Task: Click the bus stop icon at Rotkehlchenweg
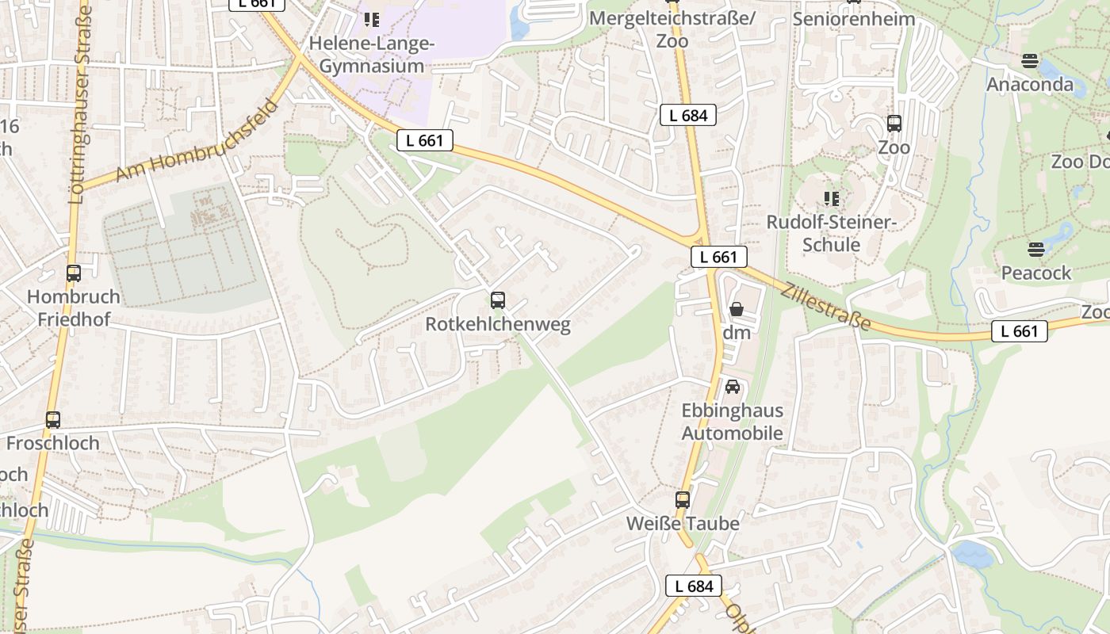[498, 300]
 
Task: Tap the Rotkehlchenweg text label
[498, 324]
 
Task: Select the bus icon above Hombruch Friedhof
[74, 273]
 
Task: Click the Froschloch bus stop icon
[53, 420]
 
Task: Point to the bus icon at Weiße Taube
[683, 500]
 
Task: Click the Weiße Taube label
[683, 524]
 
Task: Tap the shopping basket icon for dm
[737, 309]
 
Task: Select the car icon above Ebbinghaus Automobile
[733, 387]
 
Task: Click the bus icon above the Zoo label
[894, 124]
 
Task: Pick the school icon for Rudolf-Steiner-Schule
[831, 198]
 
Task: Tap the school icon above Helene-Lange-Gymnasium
[371, 19]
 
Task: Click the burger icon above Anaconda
[1030, 60]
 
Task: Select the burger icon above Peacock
[1036, 250]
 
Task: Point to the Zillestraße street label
[825, 307]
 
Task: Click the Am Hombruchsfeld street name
[198, 140]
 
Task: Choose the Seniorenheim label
[854, 18]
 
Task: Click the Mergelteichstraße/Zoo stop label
[673, 29]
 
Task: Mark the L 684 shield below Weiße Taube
[694, 586]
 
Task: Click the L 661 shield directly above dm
[719, 257]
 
